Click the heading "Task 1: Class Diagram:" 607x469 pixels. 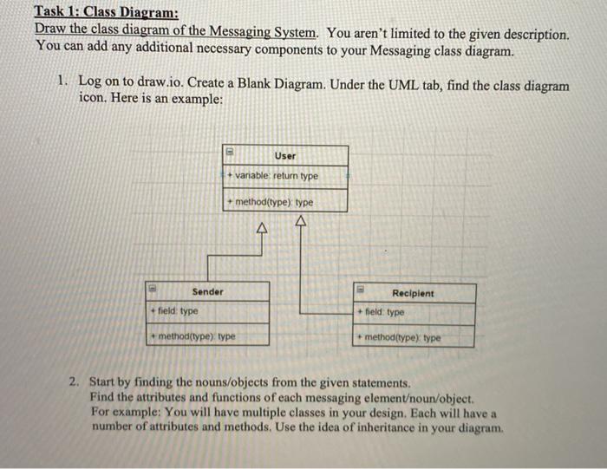coord(106,13)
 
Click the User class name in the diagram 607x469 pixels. coord(285,155)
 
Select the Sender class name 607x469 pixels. coord(207,291)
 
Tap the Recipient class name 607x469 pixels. coord(414,293)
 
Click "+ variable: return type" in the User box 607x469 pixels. coord(273,176)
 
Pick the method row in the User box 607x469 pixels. coord(271,203)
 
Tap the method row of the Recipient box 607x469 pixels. coord(399,337)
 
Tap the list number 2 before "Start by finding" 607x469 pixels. coord(75,381)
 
